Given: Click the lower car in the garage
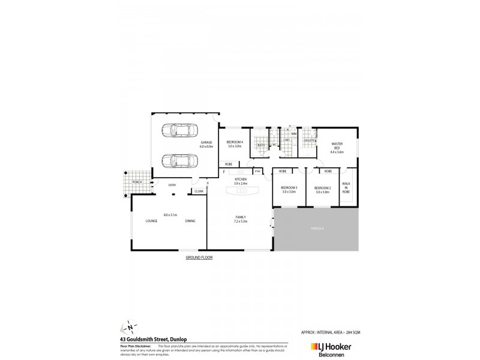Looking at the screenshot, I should (178, 160).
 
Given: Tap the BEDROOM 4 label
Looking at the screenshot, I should (234, 143).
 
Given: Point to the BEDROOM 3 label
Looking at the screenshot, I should (289, 189).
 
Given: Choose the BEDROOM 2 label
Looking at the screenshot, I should (322, 189).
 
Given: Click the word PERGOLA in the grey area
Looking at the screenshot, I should (317, 229).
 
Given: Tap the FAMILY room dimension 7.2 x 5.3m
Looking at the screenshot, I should (241, 221).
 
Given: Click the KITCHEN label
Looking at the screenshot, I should (241, 179).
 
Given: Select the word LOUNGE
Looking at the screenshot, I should (151, 221).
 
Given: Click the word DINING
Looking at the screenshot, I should (190, 221).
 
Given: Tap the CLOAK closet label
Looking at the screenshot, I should (199, 191).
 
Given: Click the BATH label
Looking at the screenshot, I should (261, 145).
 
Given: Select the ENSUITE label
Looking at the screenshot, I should (309, 140).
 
